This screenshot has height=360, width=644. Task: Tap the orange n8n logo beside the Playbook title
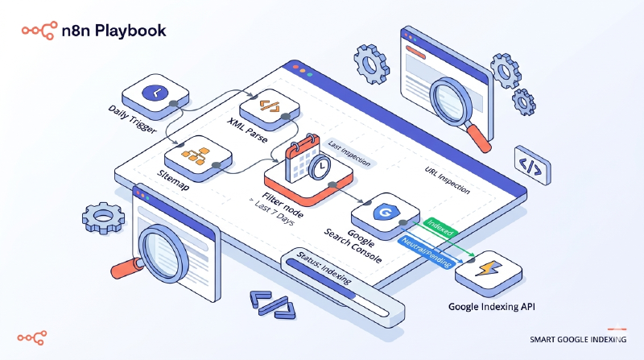coord(37,30)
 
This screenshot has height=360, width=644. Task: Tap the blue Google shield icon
coord(382,213)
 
